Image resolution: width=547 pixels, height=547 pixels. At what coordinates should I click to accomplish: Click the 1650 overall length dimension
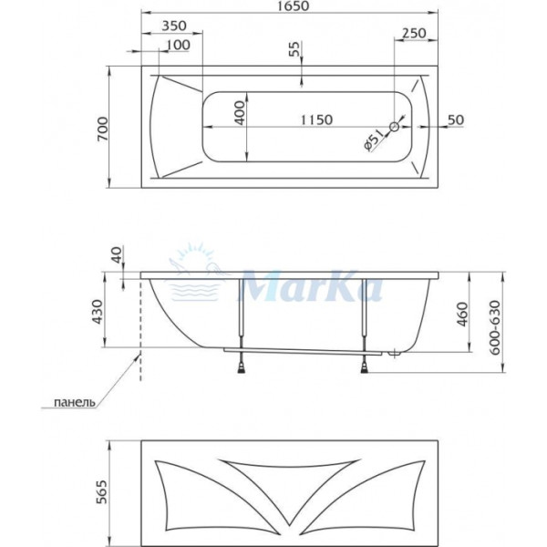[x=290, y=7]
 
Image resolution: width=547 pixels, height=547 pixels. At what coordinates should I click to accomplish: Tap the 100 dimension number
[x=179, y=45]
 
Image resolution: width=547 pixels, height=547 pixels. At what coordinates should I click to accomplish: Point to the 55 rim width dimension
[x=294, y=51]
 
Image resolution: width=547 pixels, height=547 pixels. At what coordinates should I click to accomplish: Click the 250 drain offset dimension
[x=415, y=33]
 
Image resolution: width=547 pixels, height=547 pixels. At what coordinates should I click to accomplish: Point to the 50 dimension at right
[x=456, y=120]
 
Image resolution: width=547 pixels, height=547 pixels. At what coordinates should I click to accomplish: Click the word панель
[x=74, y=402]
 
